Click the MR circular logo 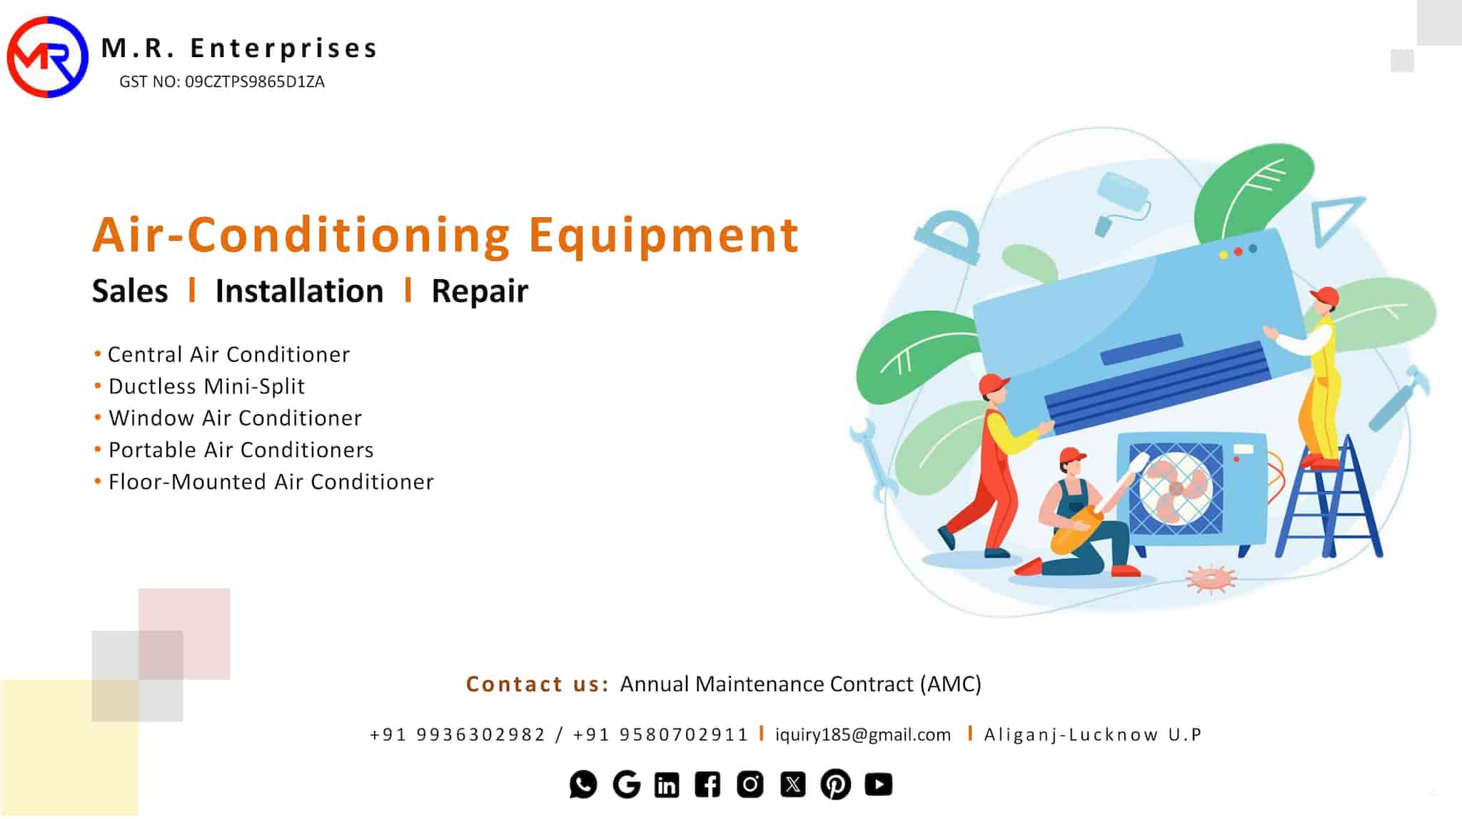point(47,57)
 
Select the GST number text point(222,82)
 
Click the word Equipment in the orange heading point(663,236)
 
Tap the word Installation point(299,291)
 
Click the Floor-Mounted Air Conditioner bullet point(264,482)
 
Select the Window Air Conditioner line point(228,418)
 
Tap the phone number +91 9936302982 point(458,735)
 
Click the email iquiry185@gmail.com point(863,735)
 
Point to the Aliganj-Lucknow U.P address point(1093,735)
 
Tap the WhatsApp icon point(583,785)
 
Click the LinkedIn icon point(667,785)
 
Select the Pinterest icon point(836,785)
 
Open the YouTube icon point(879,785)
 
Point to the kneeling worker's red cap point(1072,456)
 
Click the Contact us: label point(537,684)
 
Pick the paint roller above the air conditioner point(1121,201)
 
